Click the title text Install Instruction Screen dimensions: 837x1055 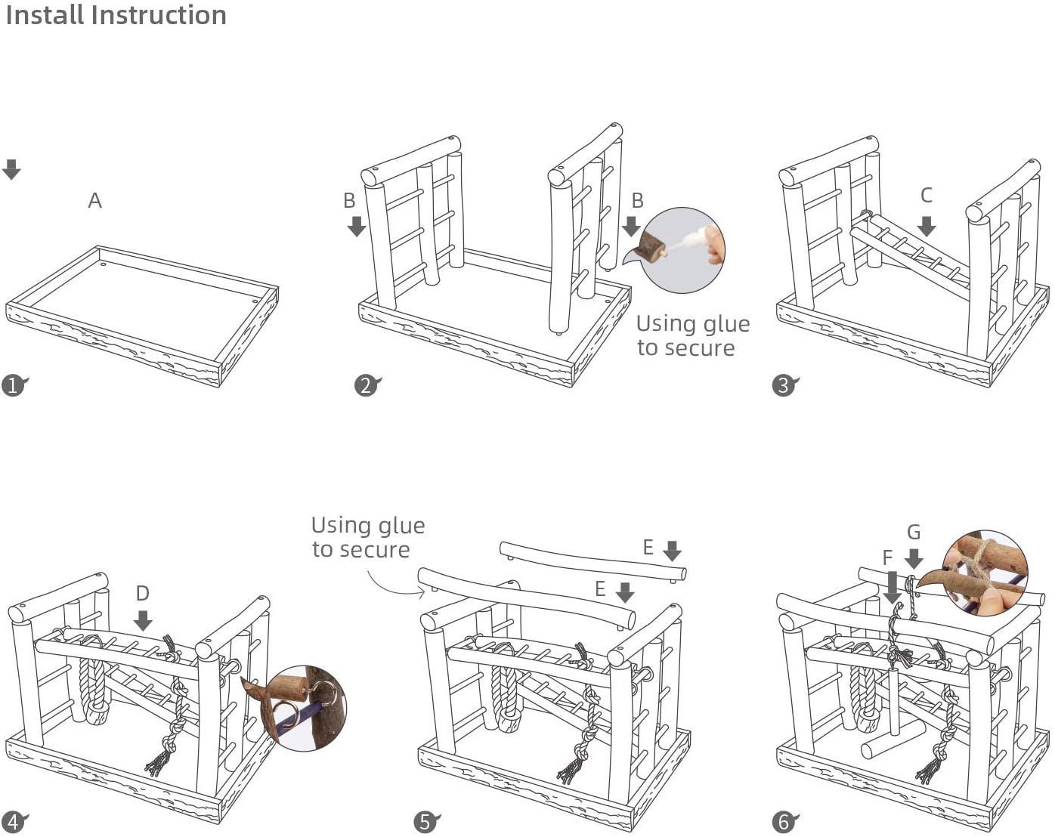116,15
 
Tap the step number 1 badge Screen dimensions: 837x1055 13,386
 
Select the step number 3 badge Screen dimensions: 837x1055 784,386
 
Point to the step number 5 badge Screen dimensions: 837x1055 425,822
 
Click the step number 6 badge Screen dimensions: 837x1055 784,822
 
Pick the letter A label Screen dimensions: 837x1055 94,201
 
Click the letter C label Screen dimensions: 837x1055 926,196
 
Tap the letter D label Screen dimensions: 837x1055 142,594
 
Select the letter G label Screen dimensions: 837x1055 914,533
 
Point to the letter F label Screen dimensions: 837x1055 887,557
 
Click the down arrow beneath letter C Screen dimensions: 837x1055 927,225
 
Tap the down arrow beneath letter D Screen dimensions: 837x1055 143,621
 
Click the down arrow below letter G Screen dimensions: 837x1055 914,559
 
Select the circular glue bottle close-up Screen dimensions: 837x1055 682,250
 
